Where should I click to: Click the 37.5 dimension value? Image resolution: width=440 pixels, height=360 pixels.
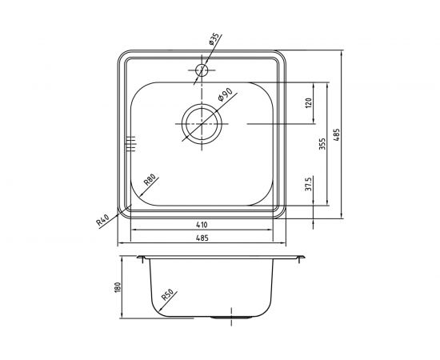click(x=307, y=189)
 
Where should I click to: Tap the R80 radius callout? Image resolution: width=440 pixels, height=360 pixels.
click(x=150, y=182)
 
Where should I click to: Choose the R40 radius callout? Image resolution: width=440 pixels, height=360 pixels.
click(x=102, y=218)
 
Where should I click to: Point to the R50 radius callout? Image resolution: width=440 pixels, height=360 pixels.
click(x=169, y=298)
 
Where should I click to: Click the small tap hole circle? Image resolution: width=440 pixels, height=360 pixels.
click(x=200, y=71)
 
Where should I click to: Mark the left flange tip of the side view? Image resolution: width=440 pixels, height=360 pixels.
click(x=138, y=258)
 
